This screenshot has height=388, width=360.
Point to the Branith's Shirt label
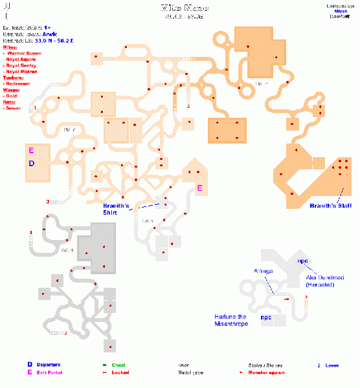pos(117,208)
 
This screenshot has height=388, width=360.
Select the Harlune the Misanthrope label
pos(232,319)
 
